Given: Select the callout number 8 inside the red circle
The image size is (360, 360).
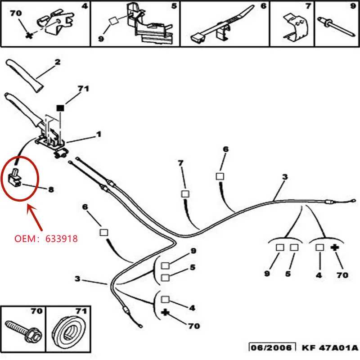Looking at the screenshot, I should (x=50, y=189).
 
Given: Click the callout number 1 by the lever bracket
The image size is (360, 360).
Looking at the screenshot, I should (x=98, y=134).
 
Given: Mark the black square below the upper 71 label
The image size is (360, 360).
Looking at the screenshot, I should (x=59, y=108).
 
